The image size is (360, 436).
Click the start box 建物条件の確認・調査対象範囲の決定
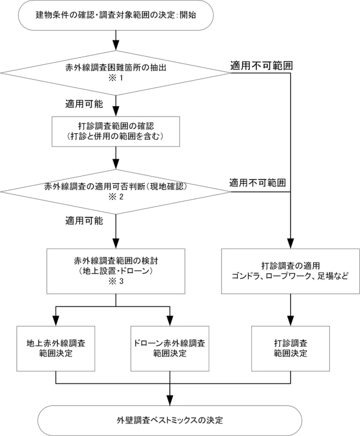coord(116,16)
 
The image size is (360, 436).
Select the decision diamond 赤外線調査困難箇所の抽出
coord(116,70)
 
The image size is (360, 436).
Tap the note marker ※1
coord(116,79)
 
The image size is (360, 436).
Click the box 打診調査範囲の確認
coord(116,131)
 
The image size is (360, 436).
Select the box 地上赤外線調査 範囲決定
coord(56,349)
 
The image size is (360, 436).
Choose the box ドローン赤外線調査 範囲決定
coord(171,349)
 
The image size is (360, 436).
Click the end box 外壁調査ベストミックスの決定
coord(171,420)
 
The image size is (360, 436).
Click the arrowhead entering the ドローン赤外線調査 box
coord(171,322)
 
